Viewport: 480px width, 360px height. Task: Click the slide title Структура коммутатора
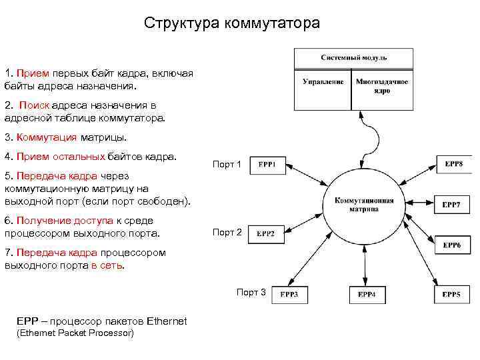232,23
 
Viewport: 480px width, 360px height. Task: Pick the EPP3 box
289,294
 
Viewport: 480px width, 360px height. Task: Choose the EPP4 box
367,294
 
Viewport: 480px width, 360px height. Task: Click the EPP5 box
451,294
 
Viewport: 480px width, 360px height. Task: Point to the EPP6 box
451,245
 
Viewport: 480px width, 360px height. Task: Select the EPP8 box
453,163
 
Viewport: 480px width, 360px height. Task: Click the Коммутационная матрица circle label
364,204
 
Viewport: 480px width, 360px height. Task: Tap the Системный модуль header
351,57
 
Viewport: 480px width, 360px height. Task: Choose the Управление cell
323,82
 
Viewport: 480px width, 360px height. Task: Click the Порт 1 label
227,164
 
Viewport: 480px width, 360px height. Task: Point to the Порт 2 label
227,232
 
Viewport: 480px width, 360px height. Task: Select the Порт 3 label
251,292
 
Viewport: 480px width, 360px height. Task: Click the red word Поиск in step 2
34,105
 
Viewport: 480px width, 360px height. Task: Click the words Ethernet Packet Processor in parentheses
75,333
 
